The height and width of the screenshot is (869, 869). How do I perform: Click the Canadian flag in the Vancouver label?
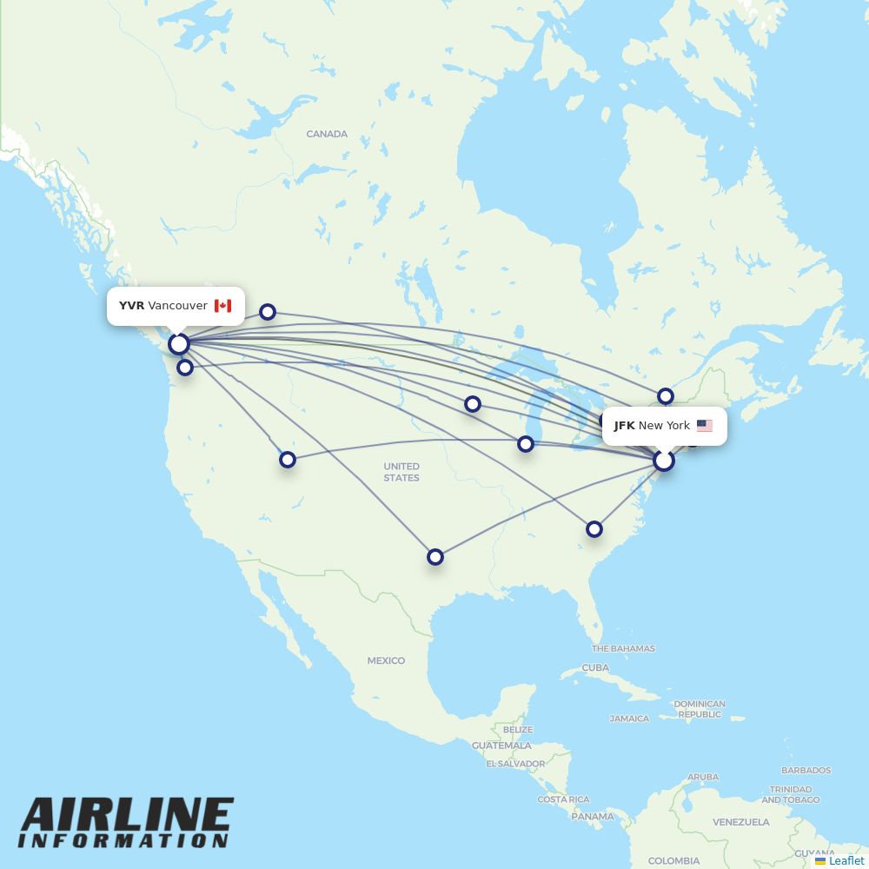click(222, 306)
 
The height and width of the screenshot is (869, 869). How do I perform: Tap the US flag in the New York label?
click(704, 426)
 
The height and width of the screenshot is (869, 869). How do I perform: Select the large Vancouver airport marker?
click(179, 344)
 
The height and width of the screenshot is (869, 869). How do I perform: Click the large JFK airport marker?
click(664, 461)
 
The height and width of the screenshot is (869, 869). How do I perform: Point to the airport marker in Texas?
click(435, 557)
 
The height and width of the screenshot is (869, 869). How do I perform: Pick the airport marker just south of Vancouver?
click(185, 368)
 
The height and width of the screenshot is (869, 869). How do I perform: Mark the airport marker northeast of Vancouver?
click(268, 312)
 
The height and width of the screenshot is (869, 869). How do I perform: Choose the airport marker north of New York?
click(666, 396)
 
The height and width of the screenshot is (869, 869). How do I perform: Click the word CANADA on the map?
click(327, 134)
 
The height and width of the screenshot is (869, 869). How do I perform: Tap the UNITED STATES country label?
click(401, 472)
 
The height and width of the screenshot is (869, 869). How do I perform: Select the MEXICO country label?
click(386, 660)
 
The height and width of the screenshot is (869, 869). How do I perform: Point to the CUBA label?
click(595, 667)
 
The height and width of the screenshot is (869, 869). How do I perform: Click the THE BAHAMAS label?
click(623, 648)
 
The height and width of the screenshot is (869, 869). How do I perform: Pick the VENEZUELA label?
click(741, 821)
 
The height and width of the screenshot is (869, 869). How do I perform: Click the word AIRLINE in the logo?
click(127, 816)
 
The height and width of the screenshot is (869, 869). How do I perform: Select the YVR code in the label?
click(131, 306)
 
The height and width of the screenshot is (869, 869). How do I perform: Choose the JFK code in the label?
click(624, 426)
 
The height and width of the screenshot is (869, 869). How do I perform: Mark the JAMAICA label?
click(629, 719)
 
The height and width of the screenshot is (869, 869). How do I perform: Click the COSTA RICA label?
click(563, 799)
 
